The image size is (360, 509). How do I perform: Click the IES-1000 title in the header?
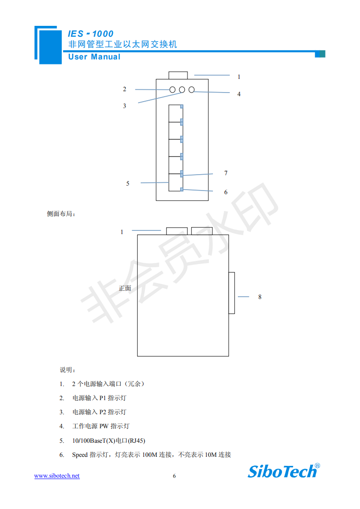pyautogui.click(x=90, y=34)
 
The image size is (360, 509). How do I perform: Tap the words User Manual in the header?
pyautogui.click(x=94, y=57)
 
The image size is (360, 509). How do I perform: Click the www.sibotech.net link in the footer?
pyautogui.click(x=57, y=475)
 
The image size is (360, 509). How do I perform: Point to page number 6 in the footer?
pyautogui.click(x=174, y=476)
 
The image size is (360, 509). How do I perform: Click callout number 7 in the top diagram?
pyautogui.click(x=226, y=173)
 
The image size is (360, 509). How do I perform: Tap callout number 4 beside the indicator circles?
pyautogui.click(x=239, y=94)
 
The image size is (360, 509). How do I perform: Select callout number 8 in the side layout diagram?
pyautogui.click(x=260, y=297)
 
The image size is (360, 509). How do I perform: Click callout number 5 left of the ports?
pyautogui.click(x=128, y=183)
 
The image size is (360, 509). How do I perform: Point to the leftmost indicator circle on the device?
pyautogui.click(x=173, y=90)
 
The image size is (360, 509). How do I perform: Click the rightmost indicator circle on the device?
pyautogui.click(x=192, y=90)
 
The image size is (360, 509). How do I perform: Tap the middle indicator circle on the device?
pyautogui.click(x=182, y=90)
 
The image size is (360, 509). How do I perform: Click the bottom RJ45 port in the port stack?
pyautogui.click(x=175, y=182)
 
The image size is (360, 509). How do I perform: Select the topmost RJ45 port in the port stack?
pyautogui.click(x=175, y=113)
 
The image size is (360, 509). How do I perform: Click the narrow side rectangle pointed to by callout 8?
pyautogui.click(x=232, y=293)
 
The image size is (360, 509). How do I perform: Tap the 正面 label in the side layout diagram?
pyautogui.click(x=125, y=288)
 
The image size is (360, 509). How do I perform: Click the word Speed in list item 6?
pyautogui.click(x=80, y=455)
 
